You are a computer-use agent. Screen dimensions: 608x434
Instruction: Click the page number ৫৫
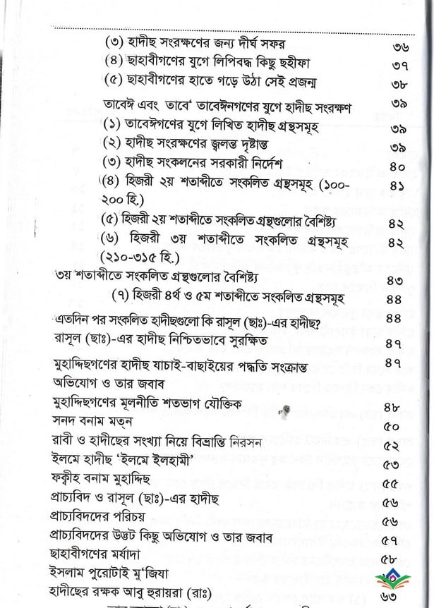coord(393,485)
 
